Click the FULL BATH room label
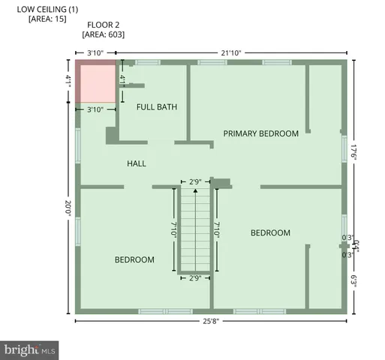(157, 107)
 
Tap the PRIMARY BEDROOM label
(261, 133)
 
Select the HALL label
(137, 163)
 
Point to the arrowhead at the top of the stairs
(195, 191)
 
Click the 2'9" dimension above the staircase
(195, 181)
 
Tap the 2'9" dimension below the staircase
(195, 278)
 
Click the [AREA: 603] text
(104, 34)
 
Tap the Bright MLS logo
(30, 349)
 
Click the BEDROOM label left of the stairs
(134, 259)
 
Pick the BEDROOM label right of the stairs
(270, 233)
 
